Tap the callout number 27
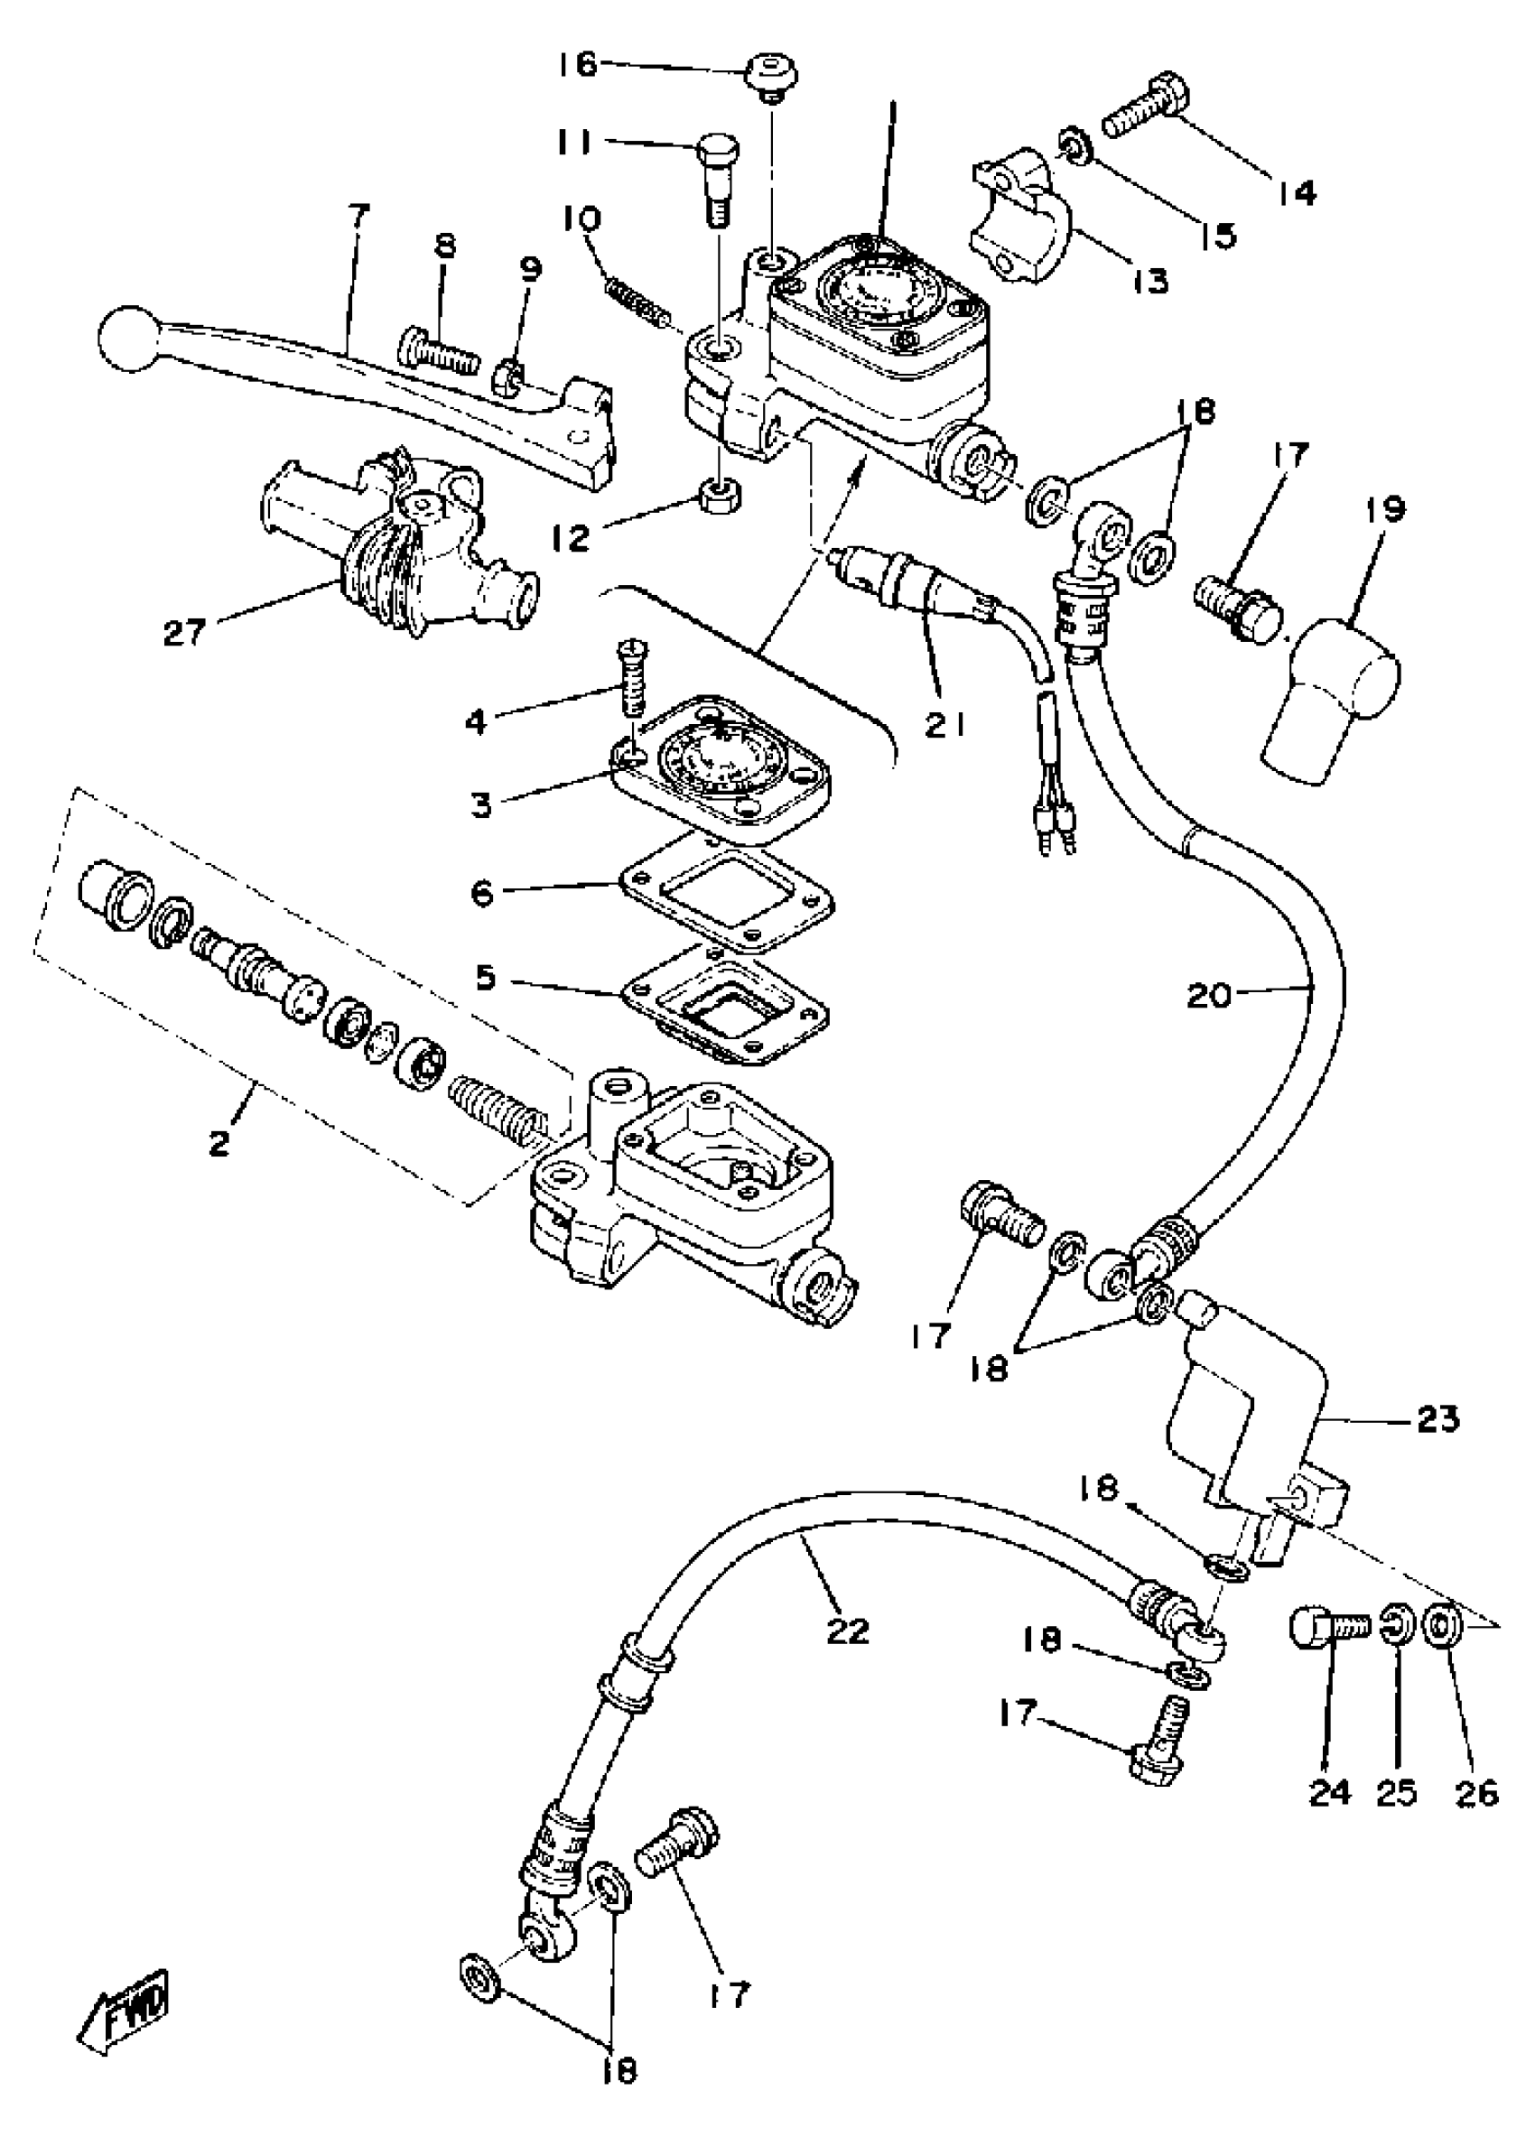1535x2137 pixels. (x=185, y=632)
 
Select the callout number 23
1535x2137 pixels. (x=1437, y=1419)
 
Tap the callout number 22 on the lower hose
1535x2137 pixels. (x=847, y=1631)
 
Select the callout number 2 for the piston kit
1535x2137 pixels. (x=219, y=1144)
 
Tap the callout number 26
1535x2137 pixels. (x=1475, y=1793)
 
